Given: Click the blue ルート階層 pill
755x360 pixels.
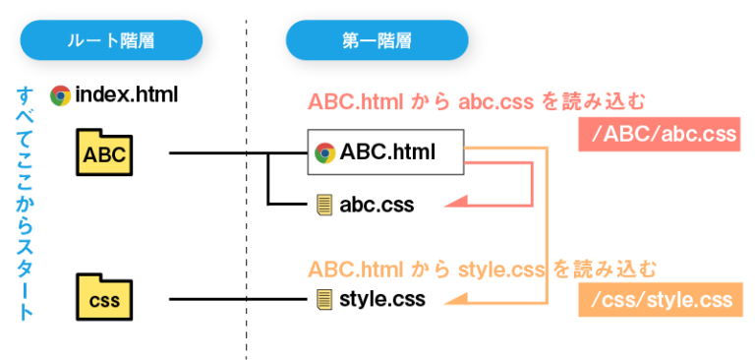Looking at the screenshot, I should point(111,40).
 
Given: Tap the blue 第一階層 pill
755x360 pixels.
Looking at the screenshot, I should point(377,40).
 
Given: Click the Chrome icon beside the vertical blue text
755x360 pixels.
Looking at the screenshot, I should point(61,95).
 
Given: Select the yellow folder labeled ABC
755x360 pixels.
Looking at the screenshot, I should point(104,153).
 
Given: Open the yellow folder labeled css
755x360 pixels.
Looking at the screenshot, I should point(104,298).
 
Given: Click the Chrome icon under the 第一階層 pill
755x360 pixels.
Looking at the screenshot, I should point(325,152).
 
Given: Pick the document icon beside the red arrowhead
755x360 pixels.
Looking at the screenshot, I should point(324,205).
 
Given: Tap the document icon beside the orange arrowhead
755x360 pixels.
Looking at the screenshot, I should point(324,298).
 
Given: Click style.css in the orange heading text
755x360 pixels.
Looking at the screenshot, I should point(500,269).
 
